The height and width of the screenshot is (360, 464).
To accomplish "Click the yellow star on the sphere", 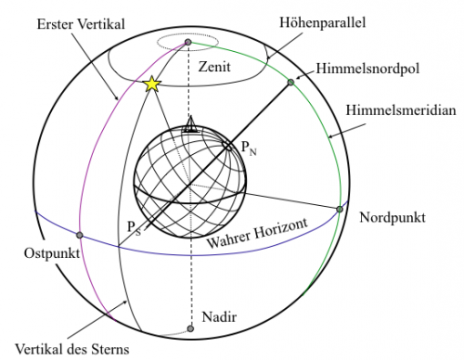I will (x=152, y=84).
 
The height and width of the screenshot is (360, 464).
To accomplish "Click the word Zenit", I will (x=215, y=66).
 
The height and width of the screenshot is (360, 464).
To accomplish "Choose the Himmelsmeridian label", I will (x=400, y=109).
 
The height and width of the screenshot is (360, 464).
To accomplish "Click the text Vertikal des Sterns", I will (x=71, y=349).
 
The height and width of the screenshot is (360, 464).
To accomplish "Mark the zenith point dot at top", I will (x=188, y=43).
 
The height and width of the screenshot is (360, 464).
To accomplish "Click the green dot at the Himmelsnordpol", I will (x=290, y=84).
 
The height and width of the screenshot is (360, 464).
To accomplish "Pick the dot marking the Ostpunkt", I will (x=80, y=236).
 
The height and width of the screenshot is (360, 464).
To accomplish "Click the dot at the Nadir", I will (x=190, y=328).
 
